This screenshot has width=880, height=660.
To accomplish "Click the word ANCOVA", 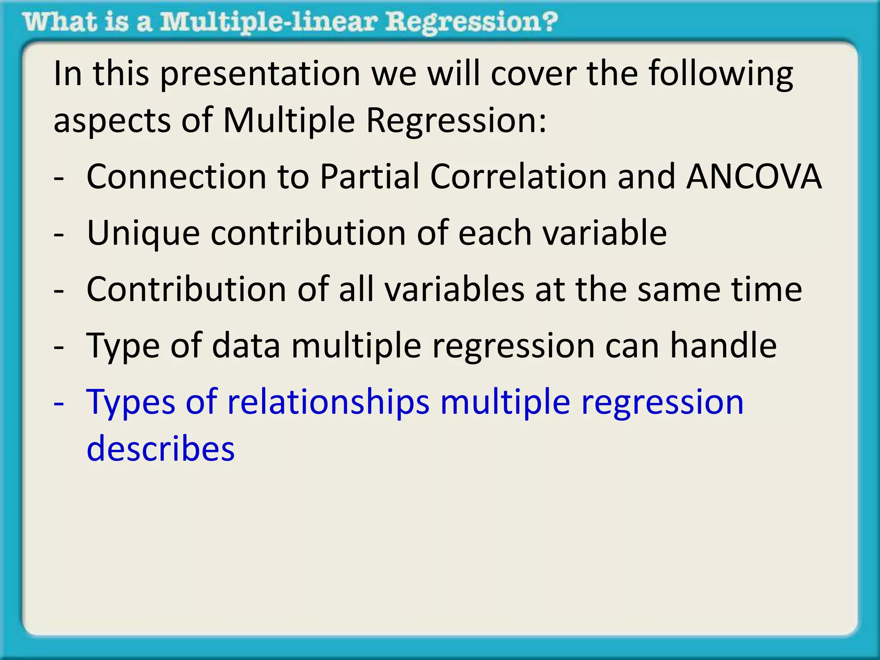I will pyautogui.click(x=754, y=177).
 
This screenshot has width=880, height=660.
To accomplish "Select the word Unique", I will pyautogui.click(x=143, y=233).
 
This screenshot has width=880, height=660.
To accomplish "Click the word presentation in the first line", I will pyautogui.click(x=260, y=74).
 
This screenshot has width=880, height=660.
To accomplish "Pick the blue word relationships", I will pyautogui.click(x=328, y=402).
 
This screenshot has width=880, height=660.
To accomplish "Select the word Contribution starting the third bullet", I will pyautogui.click(x=186, y=289).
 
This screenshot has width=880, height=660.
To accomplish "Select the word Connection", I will pyautogui.click(x=176, y=177).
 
